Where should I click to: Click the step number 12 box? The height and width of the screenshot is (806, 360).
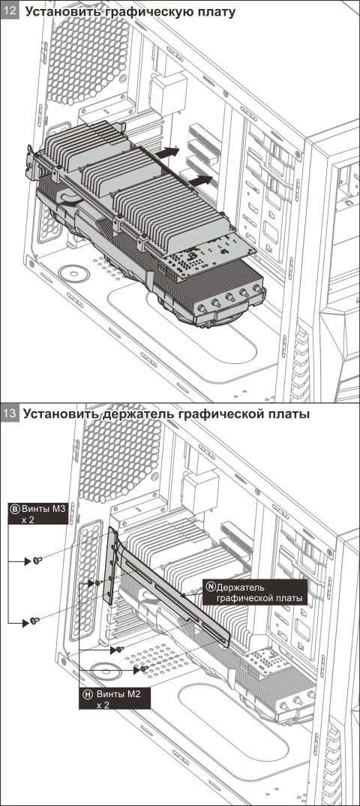(11, 12)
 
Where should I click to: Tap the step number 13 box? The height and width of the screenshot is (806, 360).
(11, 414)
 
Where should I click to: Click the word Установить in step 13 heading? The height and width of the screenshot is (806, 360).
(57, 414)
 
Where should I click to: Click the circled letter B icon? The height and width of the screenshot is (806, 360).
(14, 509)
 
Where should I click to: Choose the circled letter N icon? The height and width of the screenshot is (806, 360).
(210, 586)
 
